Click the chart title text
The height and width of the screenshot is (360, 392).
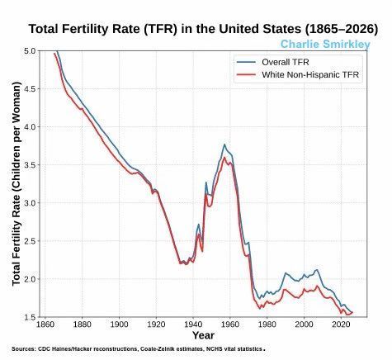pyautogui.click(x=197, y=28)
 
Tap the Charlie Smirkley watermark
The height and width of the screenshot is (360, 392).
pyautogui.click(x=324, y=44)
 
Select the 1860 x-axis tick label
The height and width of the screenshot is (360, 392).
pyautogui.click(x=45, y=325)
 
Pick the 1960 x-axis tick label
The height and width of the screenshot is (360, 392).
pyautogui.click(x=230, y=325)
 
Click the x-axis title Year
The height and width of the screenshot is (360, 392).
pyautogui.click(x=203, y=335)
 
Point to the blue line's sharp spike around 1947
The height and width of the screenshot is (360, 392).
pyautogui.click(x=205, y=182)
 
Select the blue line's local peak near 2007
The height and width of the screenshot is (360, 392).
pyautogui.click(x=317, y=270)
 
